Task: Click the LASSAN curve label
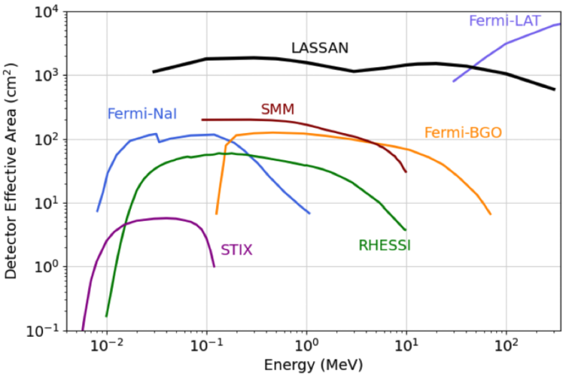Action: click(320, 49)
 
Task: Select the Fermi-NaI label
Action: click(142, 113)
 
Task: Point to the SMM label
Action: click(277, 109)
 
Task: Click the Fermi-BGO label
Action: click(463, 132)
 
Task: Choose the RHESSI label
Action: click(384, 246)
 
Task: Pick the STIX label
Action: click(236, 250)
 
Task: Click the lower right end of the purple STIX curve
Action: click(214, 267)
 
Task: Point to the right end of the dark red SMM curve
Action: click(406, 172)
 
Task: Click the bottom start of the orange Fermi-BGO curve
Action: click(217, 213)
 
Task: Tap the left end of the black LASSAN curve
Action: click(153, 72)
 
